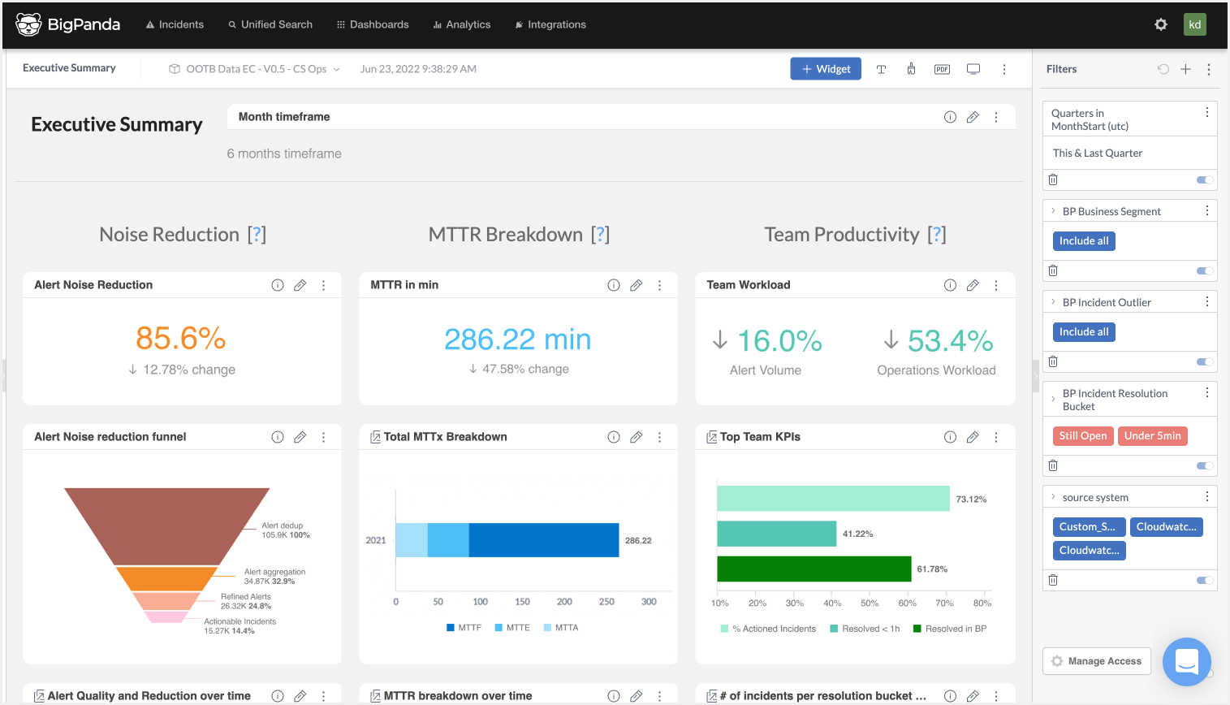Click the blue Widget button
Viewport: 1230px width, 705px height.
[x=826, y=69]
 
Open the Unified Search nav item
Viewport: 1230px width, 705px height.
[x=270, y=24]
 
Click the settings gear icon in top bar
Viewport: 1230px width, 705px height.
[x=1161, y=24]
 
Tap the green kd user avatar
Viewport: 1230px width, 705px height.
[x=1194, y=24]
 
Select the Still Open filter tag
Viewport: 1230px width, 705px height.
[x=1082, y=436]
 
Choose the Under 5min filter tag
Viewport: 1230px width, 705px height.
[x=1152, y=436]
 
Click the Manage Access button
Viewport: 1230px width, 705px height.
[x=1096, y=661]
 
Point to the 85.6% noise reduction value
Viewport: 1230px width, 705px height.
[x=180, y=339]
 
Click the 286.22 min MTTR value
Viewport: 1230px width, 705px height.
[x=517, y=340]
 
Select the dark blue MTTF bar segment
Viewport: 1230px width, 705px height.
[x=544, y=540]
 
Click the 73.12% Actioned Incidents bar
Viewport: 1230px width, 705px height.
[x=833, y=499]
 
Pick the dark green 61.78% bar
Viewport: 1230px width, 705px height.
[x=814, y=569]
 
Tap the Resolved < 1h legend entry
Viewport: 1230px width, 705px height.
[x=865, y=629]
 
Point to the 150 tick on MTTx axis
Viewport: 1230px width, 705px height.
[x=522, y=602]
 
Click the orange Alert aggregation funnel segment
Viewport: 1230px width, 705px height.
[x=166, y=578]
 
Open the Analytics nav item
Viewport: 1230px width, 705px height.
[x=462, y=24]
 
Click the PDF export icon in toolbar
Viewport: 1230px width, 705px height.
[x=942, y=69]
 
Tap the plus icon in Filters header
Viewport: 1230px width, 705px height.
[x=1185, y=69]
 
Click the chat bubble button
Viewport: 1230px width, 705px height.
[x=1186, y=662]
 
